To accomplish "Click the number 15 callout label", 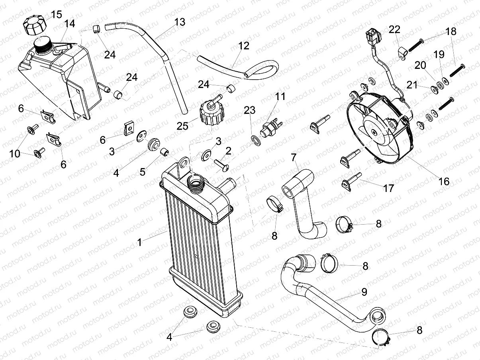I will click(x=56, y=15).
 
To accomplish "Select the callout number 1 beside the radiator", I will click(x=139, y=242).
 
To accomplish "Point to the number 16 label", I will click(x=443, y=182).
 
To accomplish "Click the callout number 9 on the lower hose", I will click(x=364, y=292).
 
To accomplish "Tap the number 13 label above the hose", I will click(x=180, y=22).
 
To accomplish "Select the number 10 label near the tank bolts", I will click(x=15, y=153).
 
